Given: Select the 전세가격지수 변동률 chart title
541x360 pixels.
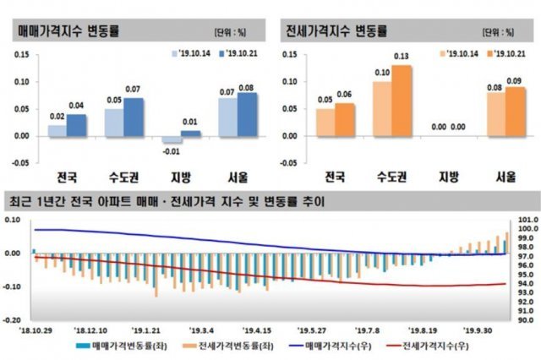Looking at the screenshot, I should [x=336, y=31].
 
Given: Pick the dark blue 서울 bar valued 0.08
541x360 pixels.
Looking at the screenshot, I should [x=248, y=114].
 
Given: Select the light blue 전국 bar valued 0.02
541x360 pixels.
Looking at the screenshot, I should [x=57, y=130].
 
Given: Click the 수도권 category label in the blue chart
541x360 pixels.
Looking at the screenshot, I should [x=123, y=177].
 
